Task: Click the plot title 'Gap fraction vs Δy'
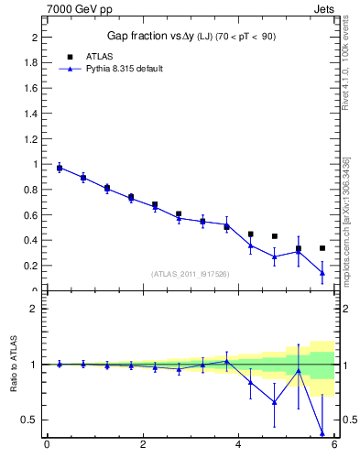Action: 151,36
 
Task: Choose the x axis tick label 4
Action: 238,446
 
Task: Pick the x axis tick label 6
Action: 334,446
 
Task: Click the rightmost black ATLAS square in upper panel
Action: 322,248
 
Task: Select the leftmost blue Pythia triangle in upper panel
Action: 60,168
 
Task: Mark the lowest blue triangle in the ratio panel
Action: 322,432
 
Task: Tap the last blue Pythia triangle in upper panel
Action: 322,272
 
